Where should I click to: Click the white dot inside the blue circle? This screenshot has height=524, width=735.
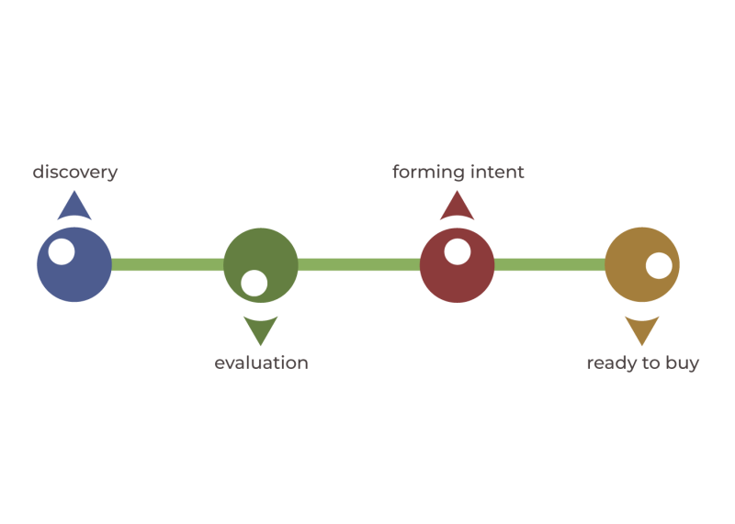tap(62, 251)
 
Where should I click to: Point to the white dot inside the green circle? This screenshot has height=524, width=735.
tap(254, 283)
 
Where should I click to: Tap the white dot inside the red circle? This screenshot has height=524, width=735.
tap(457, 251)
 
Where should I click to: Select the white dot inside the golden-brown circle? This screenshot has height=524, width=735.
tap(659, 265)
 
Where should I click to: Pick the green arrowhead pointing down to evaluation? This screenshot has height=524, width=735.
tap(260, 329)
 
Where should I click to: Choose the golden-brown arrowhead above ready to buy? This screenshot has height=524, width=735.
tap(641, 329)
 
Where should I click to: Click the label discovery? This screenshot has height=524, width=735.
tap(75, 173)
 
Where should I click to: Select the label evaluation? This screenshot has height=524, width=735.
tap(261, 362)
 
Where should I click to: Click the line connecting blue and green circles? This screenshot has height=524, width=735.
tap(167, 265)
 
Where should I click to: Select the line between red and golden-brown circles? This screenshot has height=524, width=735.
tap(549, 265)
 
